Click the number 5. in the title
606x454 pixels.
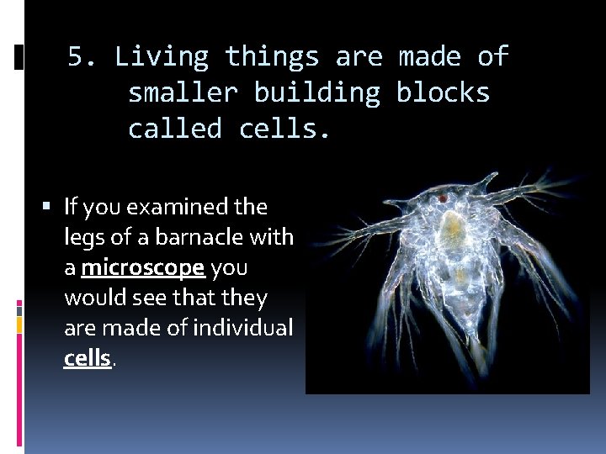click(x=83, y=57)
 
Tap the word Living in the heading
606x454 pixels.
click(x=161, y=57)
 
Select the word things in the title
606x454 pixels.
click(x=272, y=57)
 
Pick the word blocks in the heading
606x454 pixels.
click(x=443, y=92)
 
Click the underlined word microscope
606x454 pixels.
click(x=143, y=267)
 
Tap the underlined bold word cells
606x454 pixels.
click(x=88, y=358)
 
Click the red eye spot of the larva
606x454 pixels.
click(x=442, y=198)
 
